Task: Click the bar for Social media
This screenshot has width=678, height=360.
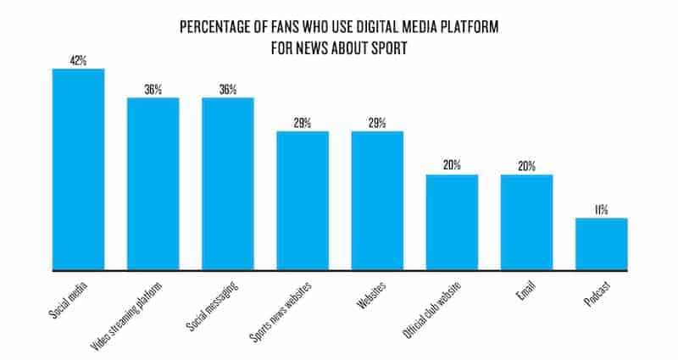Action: [x=78, y=169]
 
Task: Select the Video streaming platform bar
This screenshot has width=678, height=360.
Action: [x=153, y=184]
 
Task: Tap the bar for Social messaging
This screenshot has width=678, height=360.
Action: [x=227, y=184]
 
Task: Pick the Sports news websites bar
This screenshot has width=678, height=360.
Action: [x=303, y=201]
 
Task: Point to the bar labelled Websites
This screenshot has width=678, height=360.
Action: [x=377, y=201]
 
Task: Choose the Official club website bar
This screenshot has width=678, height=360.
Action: [x=452, y=222]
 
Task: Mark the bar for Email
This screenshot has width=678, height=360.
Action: [x=526, y=222]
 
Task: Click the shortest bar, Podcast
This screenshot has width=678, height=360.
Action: [x=602, y=244]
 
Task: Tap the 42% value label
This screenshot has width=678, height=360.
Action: [x=78, y=59]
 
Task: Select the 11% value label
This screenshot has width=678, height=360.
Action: [x=602, y=209]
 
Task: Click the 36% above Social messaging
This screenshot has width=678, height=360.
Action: [x=227, y=89]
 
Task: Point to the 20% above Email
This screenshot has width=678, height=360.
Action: [x=526, y=165]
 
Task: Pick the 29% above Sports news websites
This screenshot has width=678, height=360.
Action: [x=303, y=122]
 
